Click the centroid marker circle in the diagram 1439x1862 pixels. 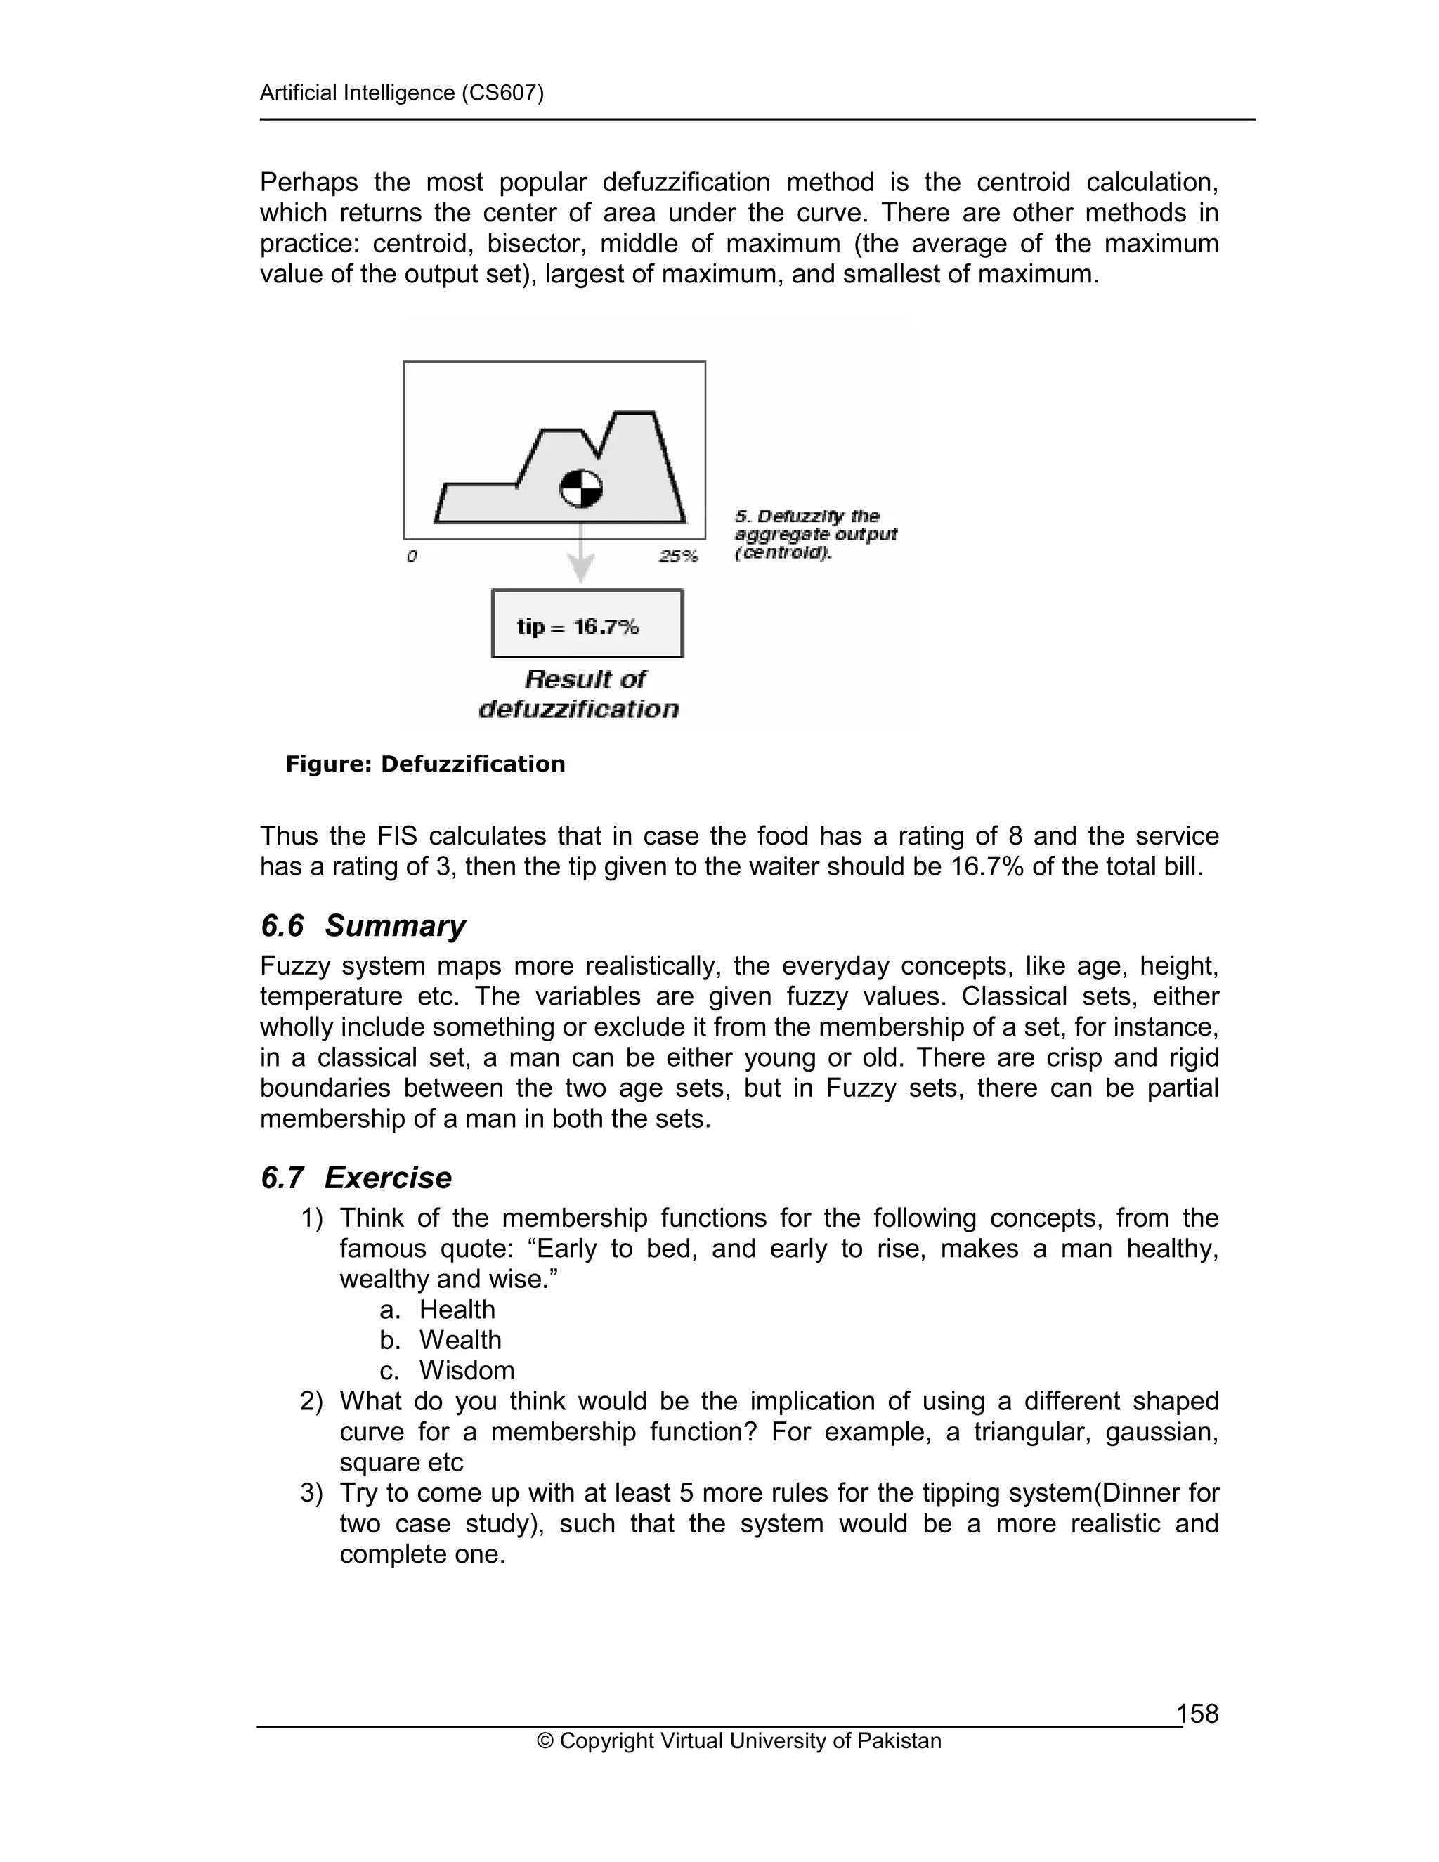point(580,488)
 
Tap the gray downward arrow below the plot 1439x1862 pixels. point(580,559)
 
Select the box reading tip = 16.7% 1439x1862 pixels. point(587,623)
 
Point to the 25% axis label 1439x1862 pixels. point(679,556)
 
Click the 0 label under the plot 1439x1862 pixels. point(412,556)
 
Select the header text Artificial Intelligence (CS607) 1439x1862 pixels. point(401,92)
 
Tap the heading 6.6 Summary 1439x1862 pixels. point(363,925)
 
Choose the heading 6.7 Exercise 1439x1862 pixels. point(356,1178)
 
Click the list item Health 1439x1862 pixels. point(457,1310)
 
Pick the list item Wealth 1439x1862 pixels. point(460,1340)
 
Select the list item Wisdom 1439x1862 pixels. point(467,1370)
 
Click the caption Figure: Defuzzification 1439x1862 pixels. point(425,764)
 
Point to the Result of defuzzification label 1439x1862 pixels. point(580,694)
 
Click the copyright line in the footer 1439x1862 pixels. point(739,1741)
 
